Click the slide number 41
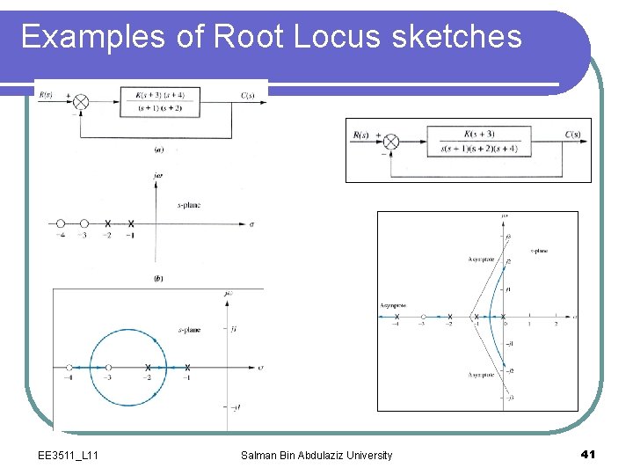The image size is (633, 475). (x=588, y=454)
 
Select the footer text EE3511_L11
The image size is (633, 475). (x=69, y=455)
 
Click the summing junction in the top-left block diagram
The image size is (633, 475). (x=80, y=102)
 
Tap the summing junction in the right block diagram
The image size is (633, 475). (x=391, y=142)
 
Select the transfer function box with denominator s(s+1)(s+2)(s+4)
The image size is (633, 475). (x=479, y=142)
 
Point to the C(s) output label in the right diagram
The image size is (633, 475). (x=571, y=135)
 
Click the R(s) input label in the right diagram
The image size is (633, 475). (x=361, y=135)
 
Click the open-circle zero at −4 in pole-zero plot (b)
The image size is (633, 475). (x=61, y=224)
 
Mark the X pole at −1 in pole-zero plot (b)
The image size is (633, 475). (x=131, y=224)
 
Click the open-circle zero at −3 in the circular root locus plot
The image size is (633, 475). (x=108, y=367)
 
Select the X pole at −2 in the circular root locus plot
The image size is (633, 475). (x=148, y=367)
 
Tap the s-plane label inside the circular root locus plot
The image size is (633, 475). (x=189, y=330)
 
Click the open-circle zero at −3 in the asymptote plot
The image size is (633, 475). (x=424, y=317)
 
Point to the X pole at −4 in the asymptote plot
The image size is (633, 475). (x=397, y=317)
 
